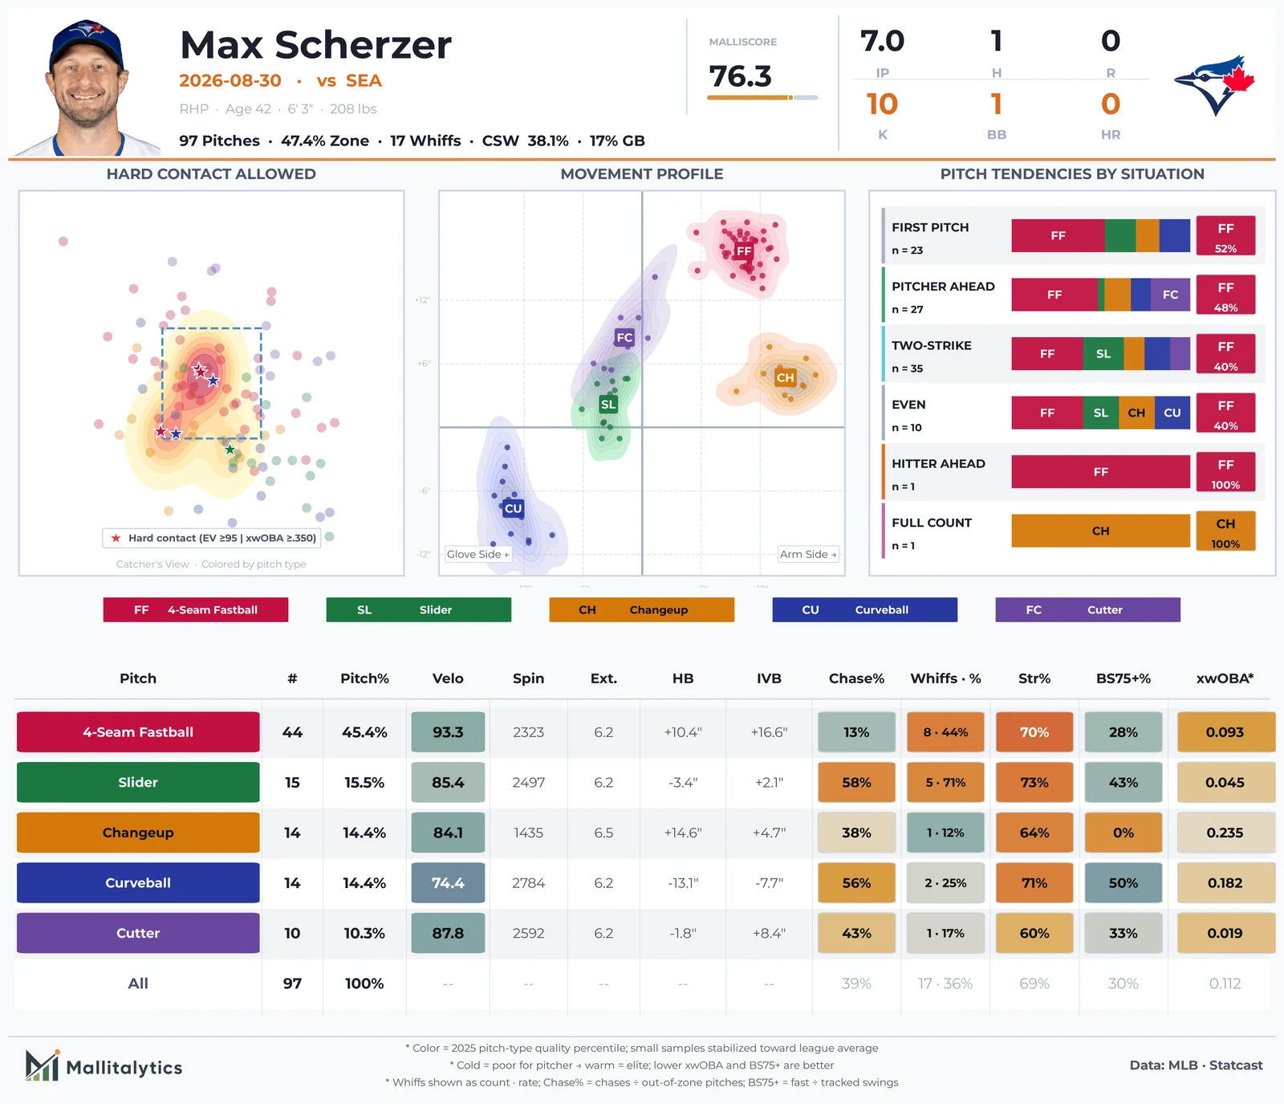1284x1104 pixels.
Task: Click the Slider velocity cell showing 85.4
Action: [448, 782]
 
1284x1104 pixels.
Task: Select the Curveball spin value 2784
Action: [528, 883]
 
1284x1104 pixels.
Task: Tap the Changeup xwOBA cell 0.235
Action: [1225, 833]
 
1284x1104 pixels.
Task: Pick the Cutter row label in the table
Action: [138, 933]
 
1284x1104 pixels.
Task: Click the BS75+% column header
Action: [1123, 678]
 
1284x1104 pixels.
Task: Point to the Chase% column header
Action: [856, 678]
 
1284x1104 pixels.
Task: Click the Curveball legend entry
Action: [864, 609]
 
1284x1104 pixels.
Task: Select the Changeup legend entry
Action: [641, 609]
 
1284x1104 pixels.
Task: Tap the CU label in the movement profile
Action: [514, 508]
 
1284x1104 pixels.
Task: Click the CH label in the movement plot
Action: [785, 377]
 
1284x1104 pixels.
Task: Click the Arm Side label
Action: [808, 554]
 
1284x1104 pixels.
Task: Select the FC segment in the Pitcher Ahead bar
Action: [1170, 295]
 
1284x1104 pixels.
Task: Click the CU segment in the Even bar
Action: [1172, 413]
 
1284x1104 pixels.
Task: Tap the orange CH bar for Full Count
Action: [1100, 531]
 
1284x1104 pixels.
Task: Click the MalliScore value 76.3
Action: [740, 76]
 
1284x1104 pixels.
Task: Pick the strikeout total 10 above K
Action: [882, 104]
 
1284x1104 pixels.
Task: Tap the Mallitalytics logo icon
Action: [43, 1065]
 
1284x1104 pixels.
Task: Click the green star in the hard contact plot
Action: [230, 450]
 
